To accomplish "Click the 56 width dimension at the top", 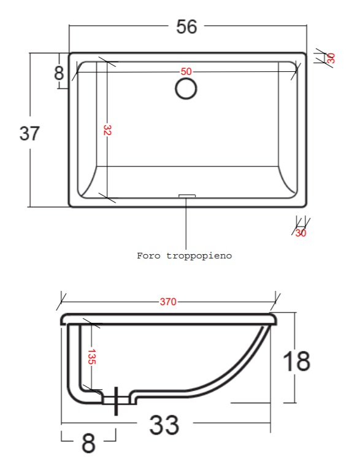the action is (x=186, y=26).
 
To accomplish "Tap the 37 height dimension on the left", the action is (x=29, y=133).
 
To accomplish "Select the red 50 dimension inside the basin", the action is (x=186, y=71).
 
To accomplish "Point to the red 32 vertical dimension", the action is (x=107, y=130).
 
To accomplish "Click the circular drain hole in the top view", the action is (x=186, y=88).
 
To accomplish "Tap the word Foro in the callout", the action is (x=149, y=256).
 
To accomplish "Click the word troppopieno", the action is (x=199, y=256).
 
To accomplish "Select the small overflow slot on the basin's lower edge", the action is (x=187, y=196).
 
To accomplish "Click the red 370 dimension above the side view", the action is (x=168, y=301).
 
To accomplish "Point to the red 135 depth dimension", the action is (x=92, y=357).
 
